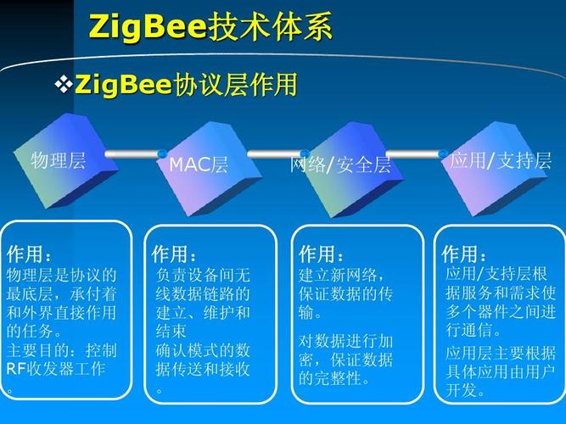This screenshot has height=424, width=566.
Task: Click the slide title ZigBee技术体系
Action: coord(210,28)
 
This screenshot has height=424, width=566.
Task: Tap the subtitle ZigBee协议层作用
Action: coord(186,85)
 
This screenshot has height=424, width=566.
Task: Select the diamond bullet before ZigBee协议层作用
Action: coord(64,85)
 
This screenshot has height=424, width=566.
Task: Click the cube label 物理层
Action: coord(59,160)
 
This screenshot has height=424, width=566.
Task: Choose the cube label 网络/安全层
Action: coord(340,165)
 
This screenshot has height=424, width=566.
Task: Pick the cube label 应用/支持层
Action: coord(501,160)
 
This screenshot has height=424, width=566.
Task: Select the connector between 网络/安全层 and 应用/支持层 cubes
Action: coord(416,154)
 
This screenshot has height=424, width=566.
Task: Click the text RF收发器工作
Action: coord(56,369)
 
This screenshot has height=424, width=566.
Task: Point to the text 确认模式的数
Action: coord(203,349)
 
